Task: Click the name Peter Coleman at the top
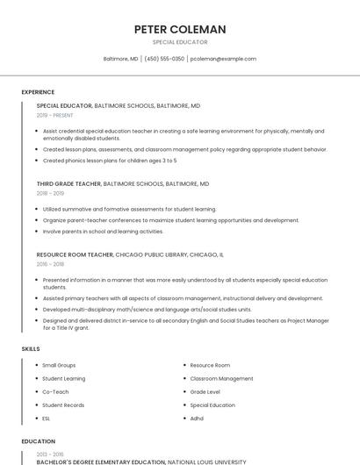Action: [x=180, y=29]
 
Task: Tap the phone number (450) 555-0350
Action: [x=164, y=59]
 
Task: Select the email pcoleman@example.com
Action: [x=223, y=59]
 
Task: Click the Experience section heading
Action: [x=38, y=92]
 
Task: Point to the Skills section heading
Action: [x=31, y=349]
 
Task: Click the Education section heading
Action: [x=38, y=441]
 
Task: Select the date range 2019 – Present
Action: [x=55, y=115]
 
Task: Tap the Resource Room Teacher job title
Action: [x=75, y=254]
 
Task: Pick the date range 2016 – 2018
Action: [x=50, y=263]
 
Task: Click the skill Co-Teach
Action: [x=55, y=391]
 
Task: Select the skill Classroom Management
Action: [x=221, y=378]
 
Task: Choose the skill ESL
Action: [x=47, y=418]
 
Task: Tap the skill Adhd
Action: [x=197, y=418]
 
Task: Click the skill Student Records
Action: [x=63, y=405]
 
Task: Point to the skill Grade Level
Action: [x=205, y=391]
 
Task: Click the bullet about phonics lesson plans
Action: [x=110, y=161]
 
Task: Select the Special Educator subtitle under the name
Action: [x=180, y=42]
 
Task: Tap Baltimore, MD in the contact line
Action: [x=121, y=59]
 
